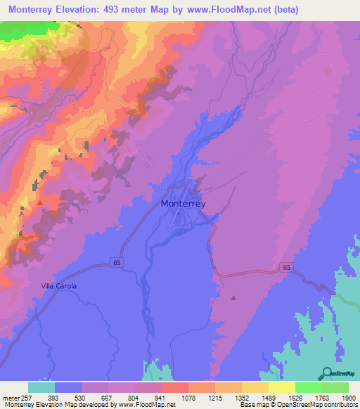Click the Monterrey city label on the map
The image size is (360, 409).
(x=183, y=204)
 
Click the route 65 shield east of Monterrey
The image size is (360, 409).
(x=287, y=268)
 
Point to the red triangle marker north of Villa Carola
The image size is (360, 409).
(x=40, y=202)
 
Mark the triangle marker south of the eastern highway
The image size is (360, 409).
(x=233, y=298)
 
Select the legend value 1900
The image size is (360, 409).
(x=347, y=397)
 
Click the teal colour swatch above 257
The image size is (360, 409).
(x=41, y=387)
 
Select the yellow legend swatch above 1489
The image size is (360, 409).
(x=255, y=387)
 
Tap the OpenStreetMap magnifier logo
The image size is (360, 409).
(x=326, y=373)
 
